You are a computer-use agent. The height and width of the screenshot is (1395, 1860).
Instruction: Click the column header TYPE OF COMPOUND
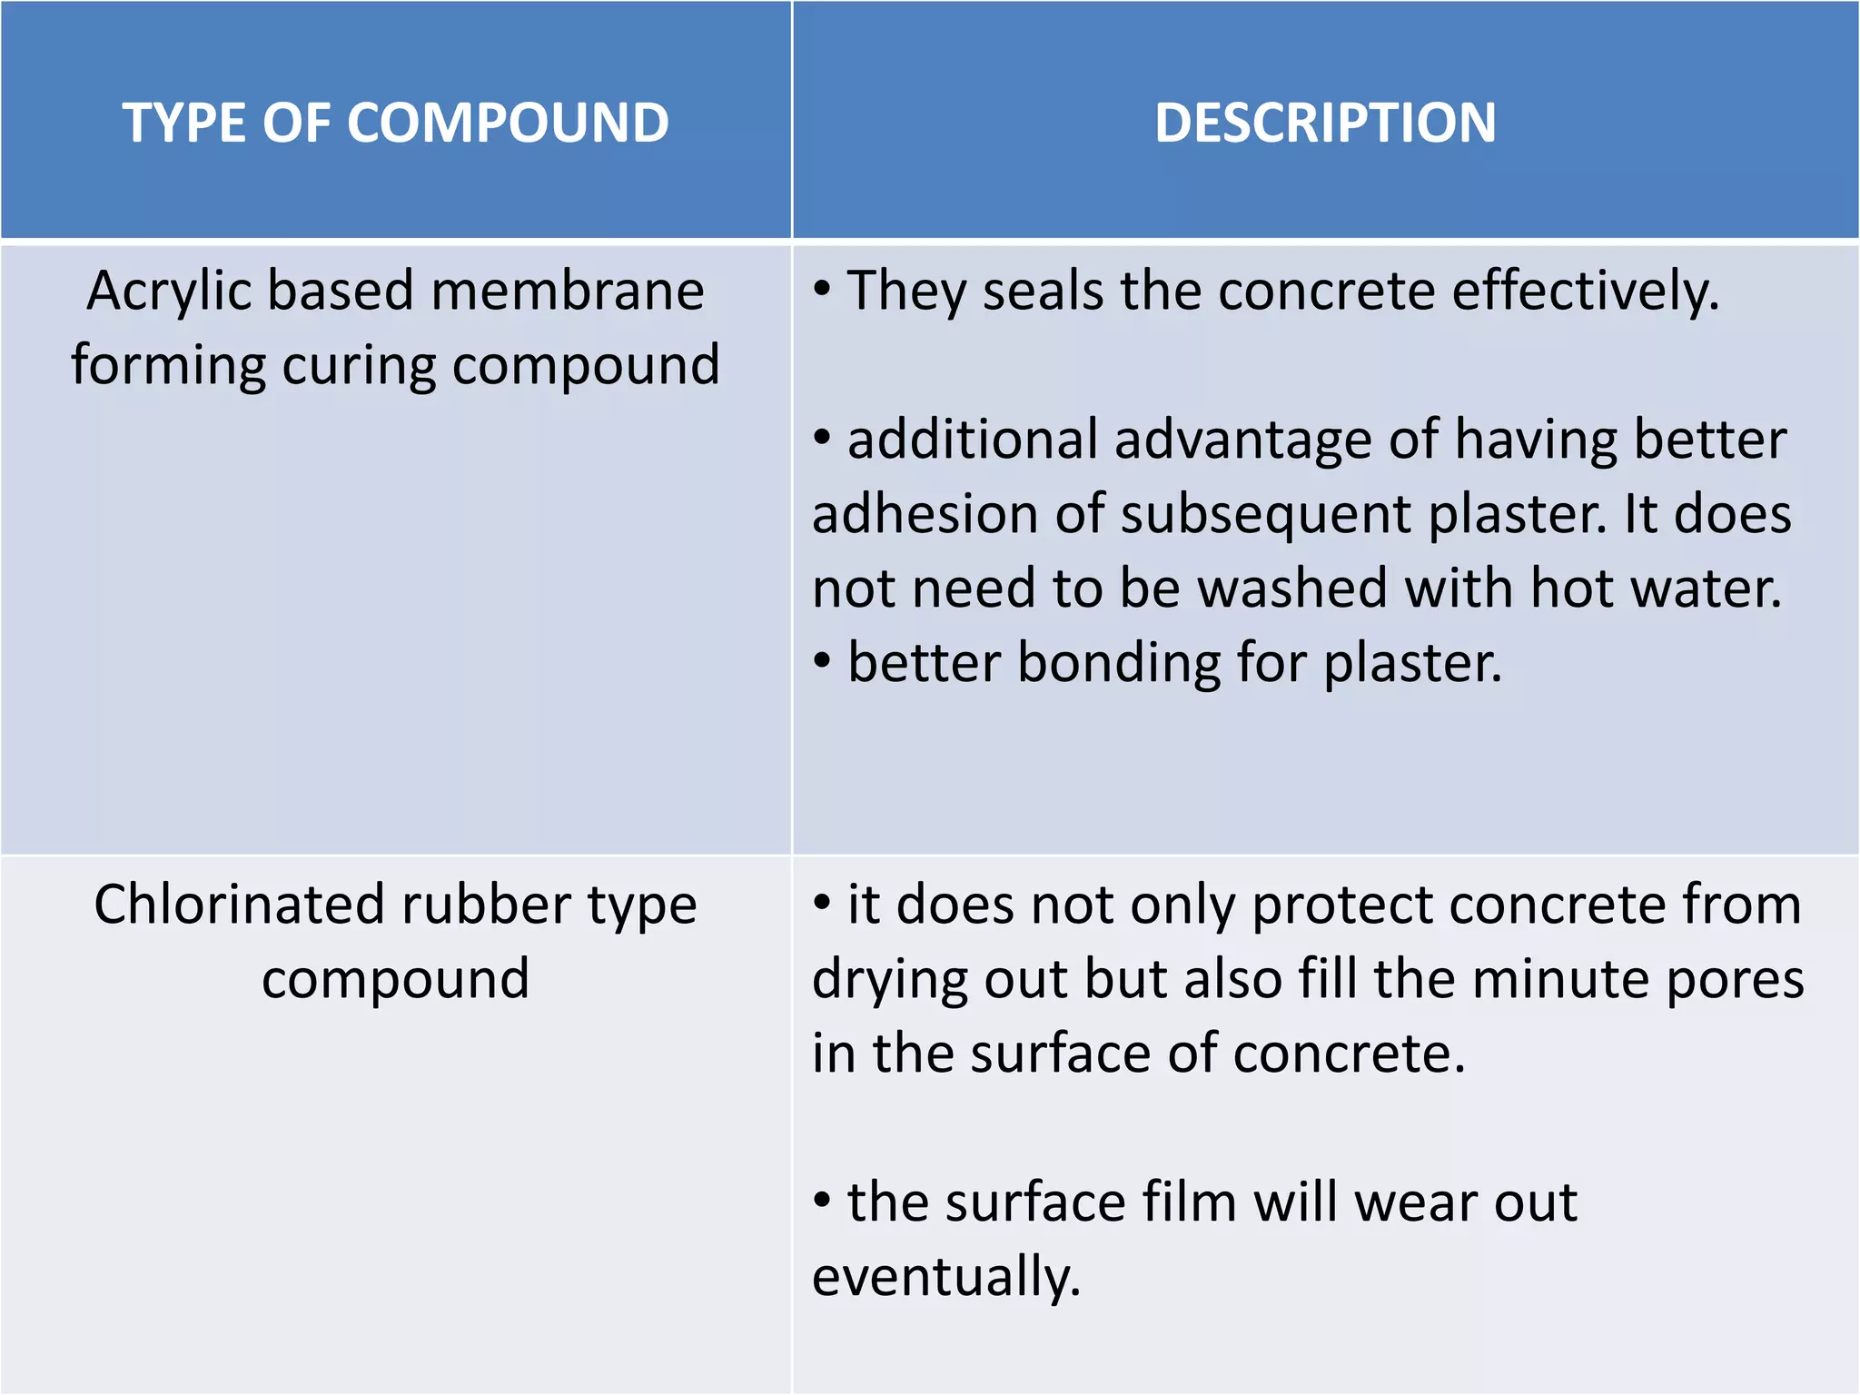pyautogui.click(x=396, y=123)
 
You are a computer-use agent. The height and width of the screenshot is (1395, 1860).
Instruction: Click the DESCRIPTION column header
pyautogui.click(x=1325, y=123)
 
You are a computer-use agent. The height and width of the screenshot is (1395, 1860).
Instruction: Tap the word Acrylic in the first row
pyautogui.click(x=169, y=292)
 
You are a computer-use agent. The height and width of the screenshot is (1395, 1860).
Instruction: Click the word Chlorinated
pyautogui.click(x=240, y=905)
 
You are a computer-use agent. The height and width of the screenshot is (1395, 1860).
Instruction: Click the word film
pyautogui.click(x=1190, y=1202)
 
